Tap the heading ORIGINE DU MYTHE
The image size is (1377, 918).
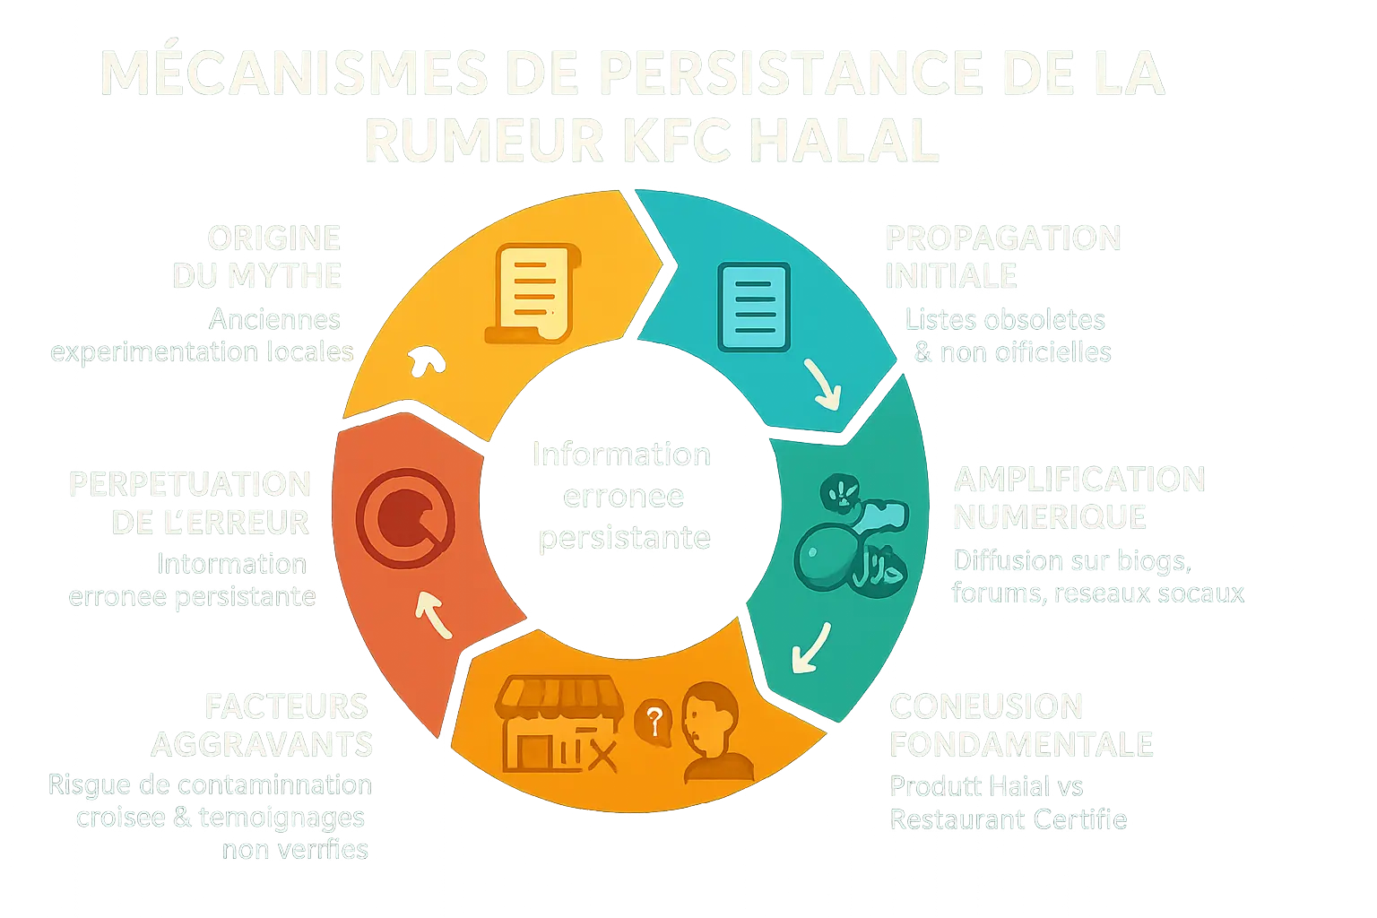click(x=258, y=256)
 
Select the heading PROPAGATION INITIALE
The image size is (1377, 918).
click(x=1002, y=256)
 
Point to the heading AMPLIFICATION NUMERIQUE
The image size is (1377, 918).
click(x=1078, y=498)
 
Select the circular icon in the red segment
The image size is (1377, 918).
click(x=404, y=518)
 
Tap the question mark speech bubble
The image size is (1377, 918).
click(x=654, y=720)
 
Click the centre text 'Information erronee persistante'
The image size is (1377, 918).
click(x=621, y=496)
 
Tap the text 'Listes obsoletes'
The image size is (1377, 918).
click(x=1004, y=319)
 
